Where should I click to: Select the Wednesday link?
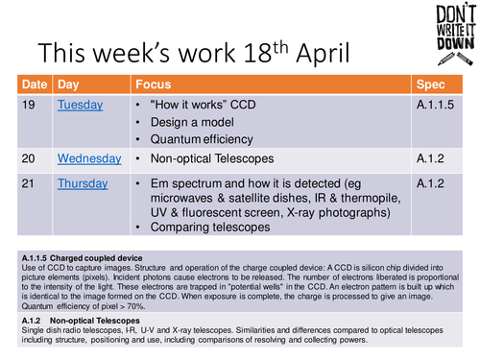click(89, 158)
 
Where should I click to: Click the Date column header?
click(36, 84)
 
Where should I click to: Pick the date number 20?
click(31, 158)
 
